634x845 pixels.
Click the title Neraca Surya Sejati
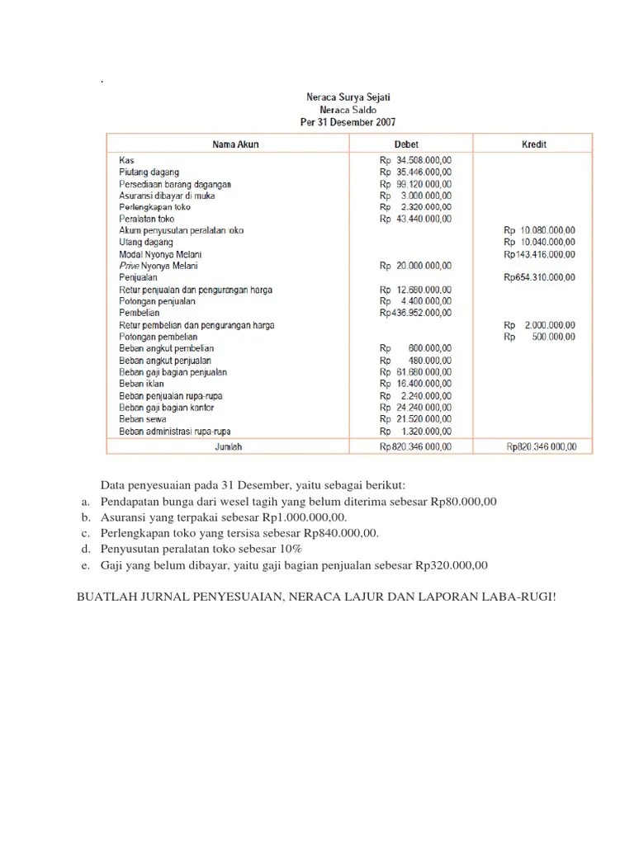pos(348,97)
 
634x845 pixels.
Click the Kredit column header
pos(533,144)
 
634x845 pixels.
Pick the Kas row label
pos(126,160)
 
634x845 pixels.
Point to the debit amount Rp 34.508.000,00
pos(415,160)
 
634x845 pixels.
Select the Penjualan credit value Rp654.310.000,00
pos(540,278)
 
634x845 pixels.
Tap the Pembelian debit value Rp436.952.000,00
pos(415,314)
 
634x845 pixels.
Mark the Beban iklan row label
pos(141,385)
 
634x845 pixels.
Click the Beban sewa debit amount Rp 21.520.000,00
pos(415,420)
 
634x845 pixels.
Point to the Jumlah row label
pos(228,446)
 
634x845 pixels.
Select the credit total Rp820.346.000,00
pos(542,447)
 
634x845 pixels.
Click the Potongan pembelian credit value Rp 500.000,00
pos(540,338)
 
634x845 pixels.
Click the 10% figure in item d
pos(291,549)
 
